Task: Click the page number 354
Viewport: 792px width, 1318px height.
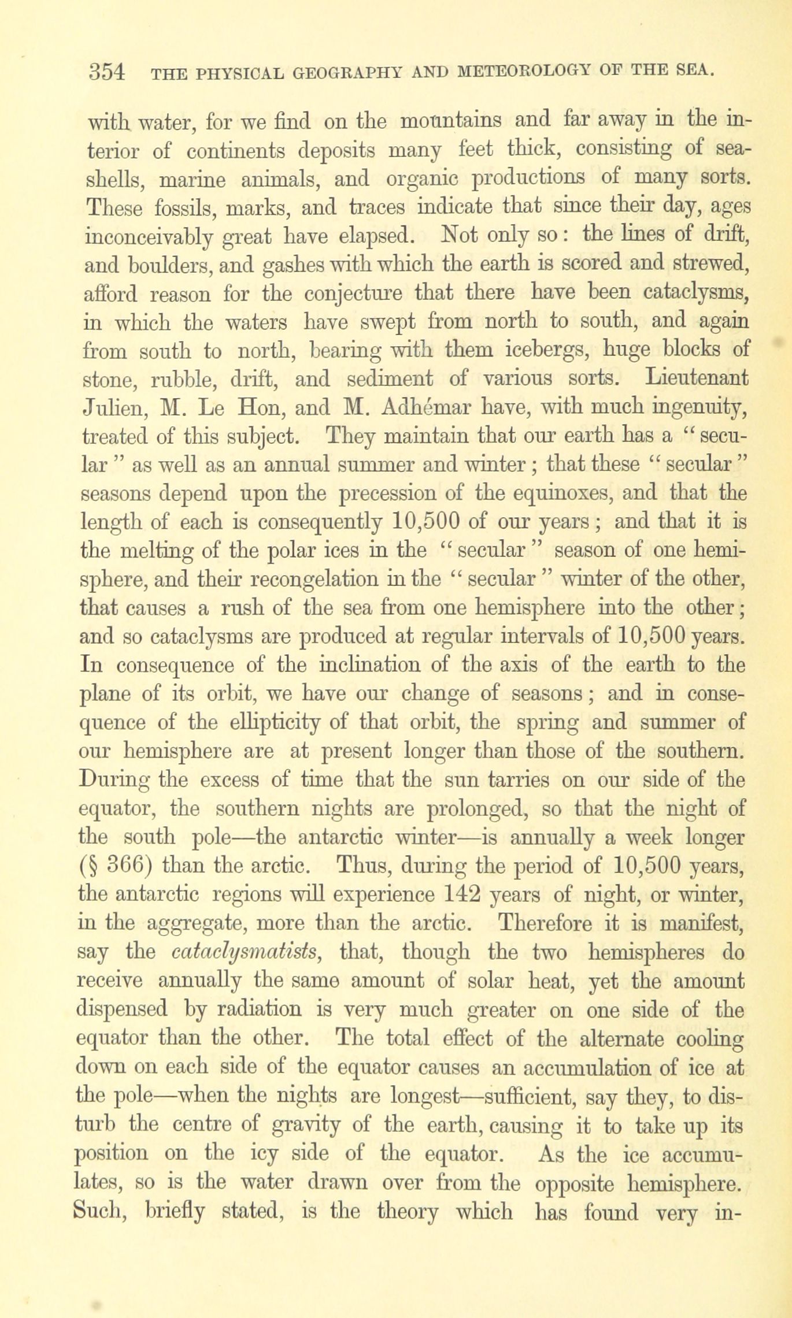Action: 108,72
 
